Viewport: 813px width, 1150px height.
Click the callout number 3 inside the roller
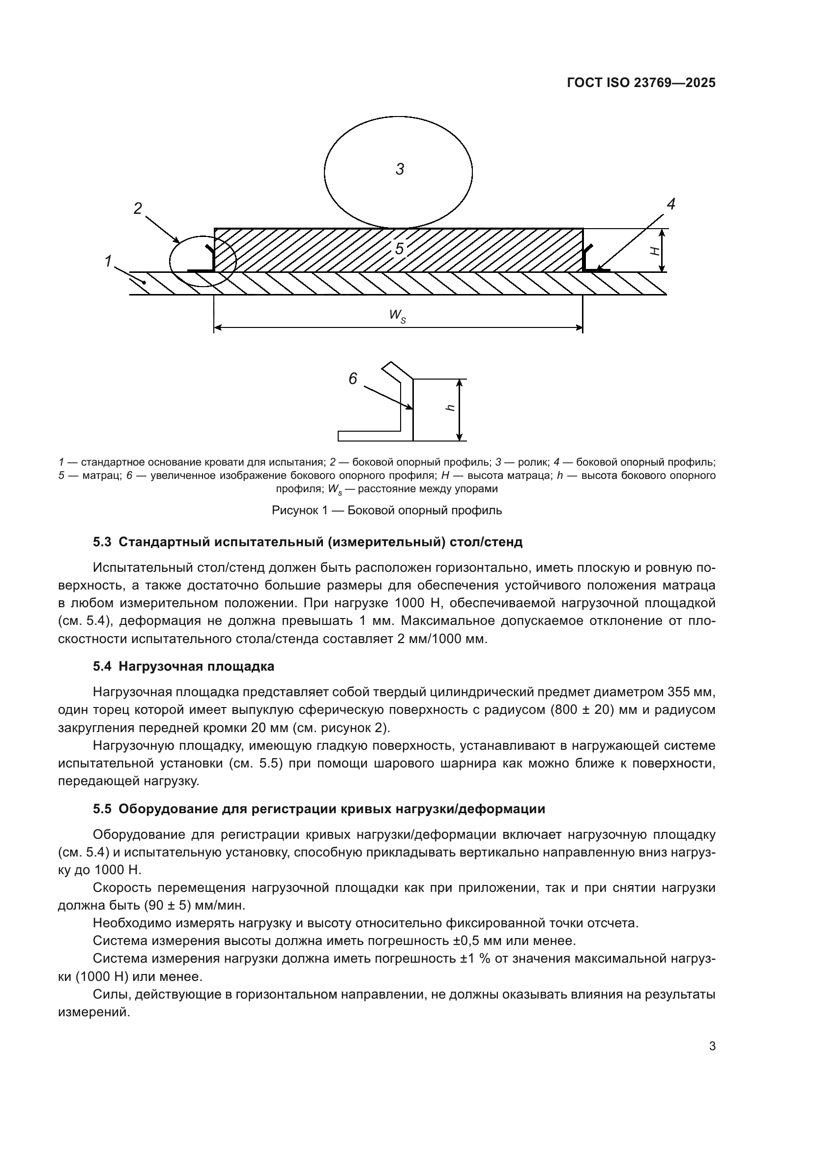tap(400, 169)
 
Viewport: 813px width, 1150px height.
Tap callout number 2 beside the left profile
tap(138, 208)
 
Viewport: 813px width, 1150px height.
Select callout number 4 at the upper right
tap(671, 204)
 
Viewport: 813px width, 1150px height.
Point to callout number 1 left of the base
tap(108, 261)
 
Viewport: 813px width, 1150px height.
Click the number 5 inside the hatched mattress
tap(399, 249)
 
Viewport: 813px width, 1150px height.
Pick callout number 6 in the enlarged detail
tap(353, 379)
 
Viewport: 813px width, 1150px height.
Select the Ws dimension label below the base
tap(398, 316)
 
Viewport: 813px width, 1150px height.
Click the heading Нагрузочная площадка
tap(196, 666)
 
